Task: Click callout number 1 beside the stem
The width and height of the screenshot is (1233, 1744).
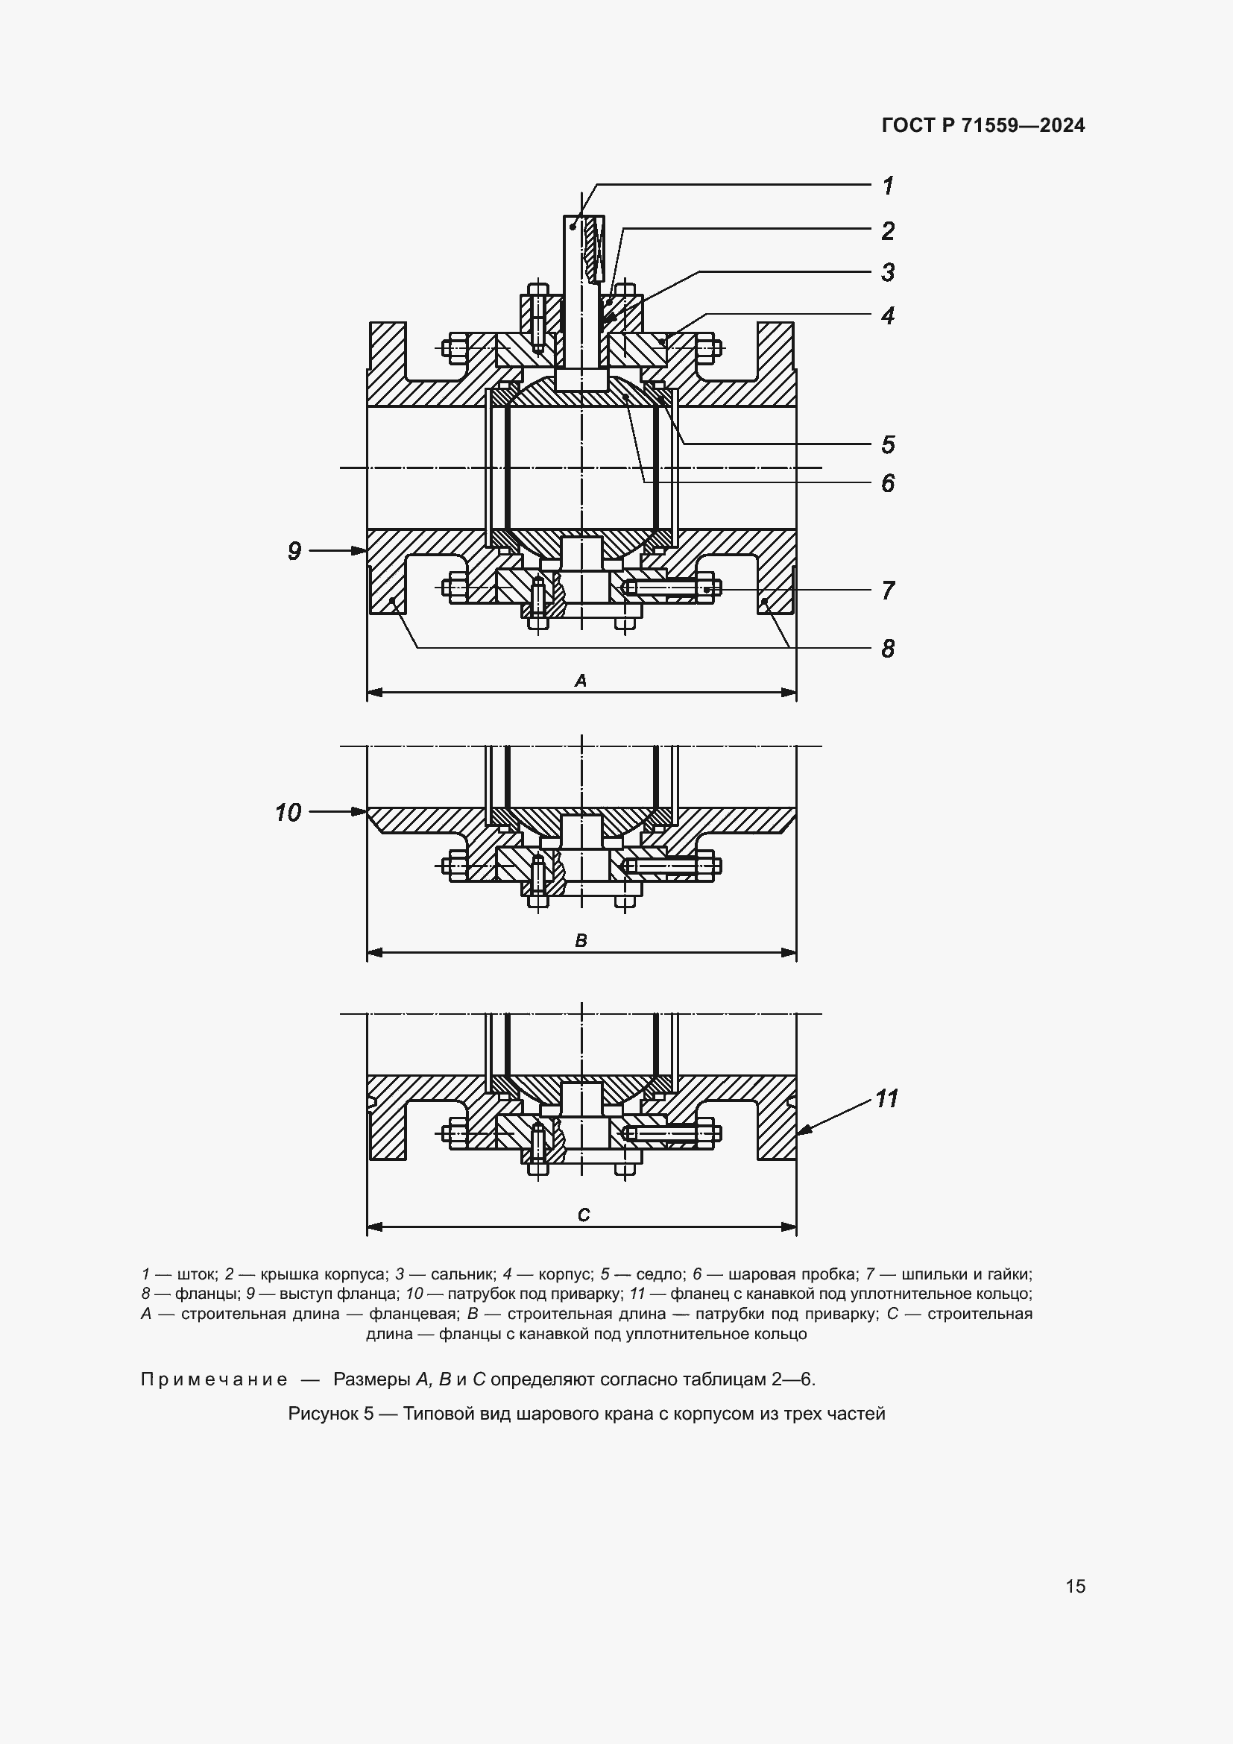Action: [x=887, y=186]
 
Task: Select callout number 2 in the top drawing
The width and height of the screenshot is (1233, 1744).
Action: [x=887, y=231]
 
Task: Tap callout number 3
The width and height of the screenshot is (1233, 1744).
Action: [x=887, y=272]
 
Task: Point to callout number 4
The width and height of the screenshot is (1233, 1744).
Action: [x=887, y=315]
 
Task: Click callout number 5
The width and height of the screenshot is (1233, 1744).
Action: [x=887, y=444]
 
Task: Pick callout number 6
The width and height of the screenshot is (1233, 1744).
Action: [x=887, y=483]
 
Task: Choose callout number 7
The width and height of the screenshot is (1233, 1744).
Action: [x=887, y=591]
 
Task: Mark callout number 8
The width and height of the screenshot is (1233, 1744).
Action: [x=887, y=649]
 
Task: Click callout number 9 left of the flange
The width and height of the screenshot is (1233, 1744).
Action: [x=294, y=551]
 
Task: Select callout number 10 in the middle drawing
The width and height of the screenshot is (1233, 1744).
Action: [x=288, y=813]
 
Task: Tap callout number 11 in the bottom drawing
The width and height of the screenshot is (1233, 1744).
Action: [x=886, y=1099]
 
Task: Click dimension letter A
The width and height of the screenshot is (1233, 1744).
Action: [x=581, y=681]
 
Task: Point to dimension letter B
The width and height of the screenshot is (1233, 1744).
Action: [x=581, y=941]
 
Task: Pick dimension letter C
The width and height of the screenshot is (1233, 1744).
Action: [x=583, y=1215]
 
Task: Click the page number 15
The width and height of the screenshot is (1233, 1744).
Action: [x=1075, y=1586]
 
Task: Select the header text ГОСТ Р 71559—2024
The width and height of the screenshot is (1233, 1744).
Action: [x=983, y=126]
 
